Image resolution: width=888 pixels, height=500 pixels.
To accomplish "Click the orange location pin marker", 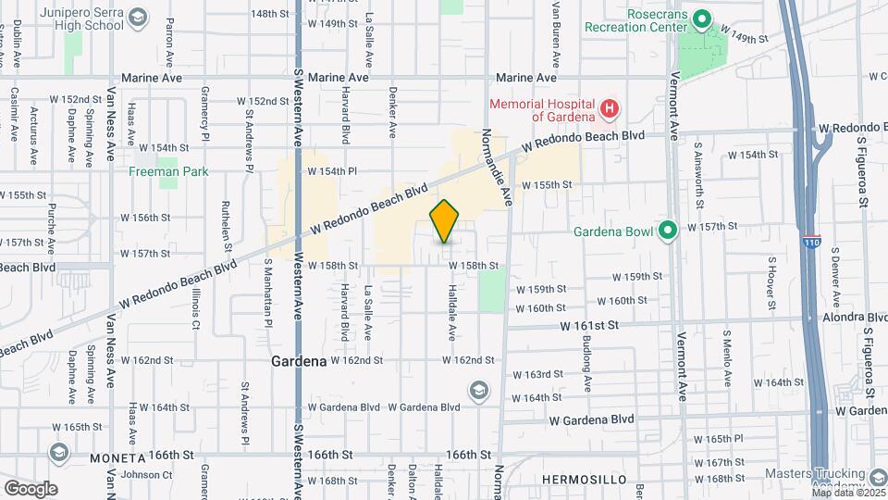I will click(x=445, y=221).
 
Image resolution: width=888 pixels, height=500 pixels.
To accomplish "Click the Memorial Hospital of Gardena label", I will click(x=544, y=110).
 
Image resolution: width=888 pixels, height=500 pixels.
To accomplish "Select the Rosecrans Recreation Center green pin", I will click(x=701, y=19).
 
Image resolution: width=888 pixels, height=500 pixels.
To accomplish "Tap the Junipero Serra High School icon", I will click(x=138, y=18).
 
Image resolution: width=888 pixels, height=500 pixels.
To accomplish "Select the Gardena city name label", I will click(x=299, y=360).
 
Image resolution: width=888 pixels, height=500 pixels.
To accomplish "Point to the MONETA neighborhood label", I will click(x=118, y=458).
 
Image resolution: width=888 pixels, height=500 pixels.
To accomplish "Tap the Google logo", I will click(x=31, y=488).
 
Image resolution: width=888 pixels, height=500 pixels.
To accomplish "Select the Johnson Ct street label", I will click(x=141, y=475).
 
